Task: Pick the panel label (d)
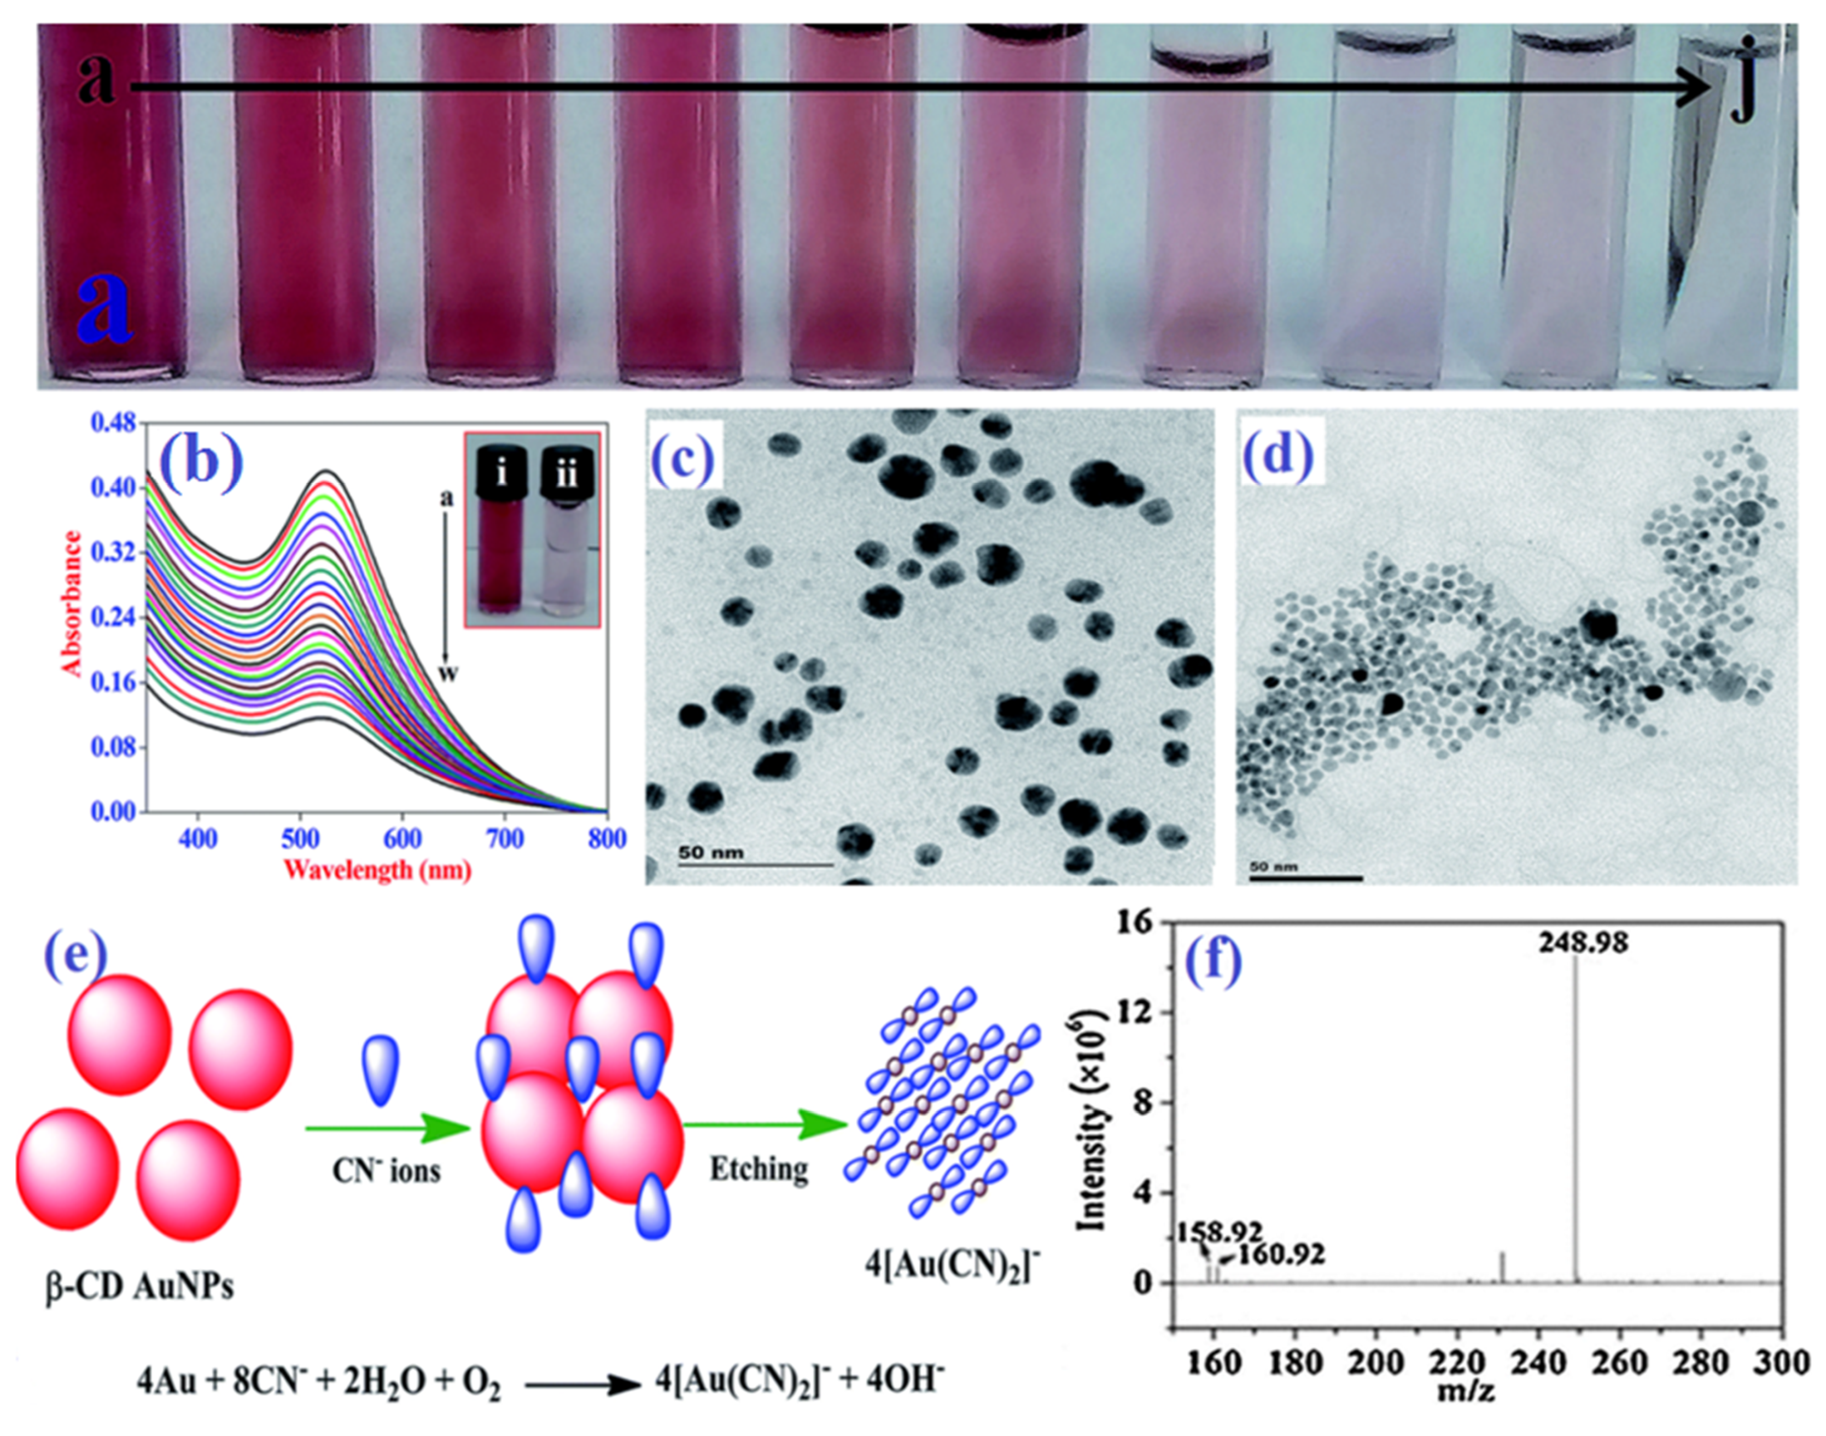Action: pyautogui.click(x=1281, y=456)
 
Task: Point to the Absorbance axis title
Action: pyautogui.click(x=73, y=603)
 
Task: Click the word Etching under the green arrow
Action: pyautogui.click(x=759, y=1169)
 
